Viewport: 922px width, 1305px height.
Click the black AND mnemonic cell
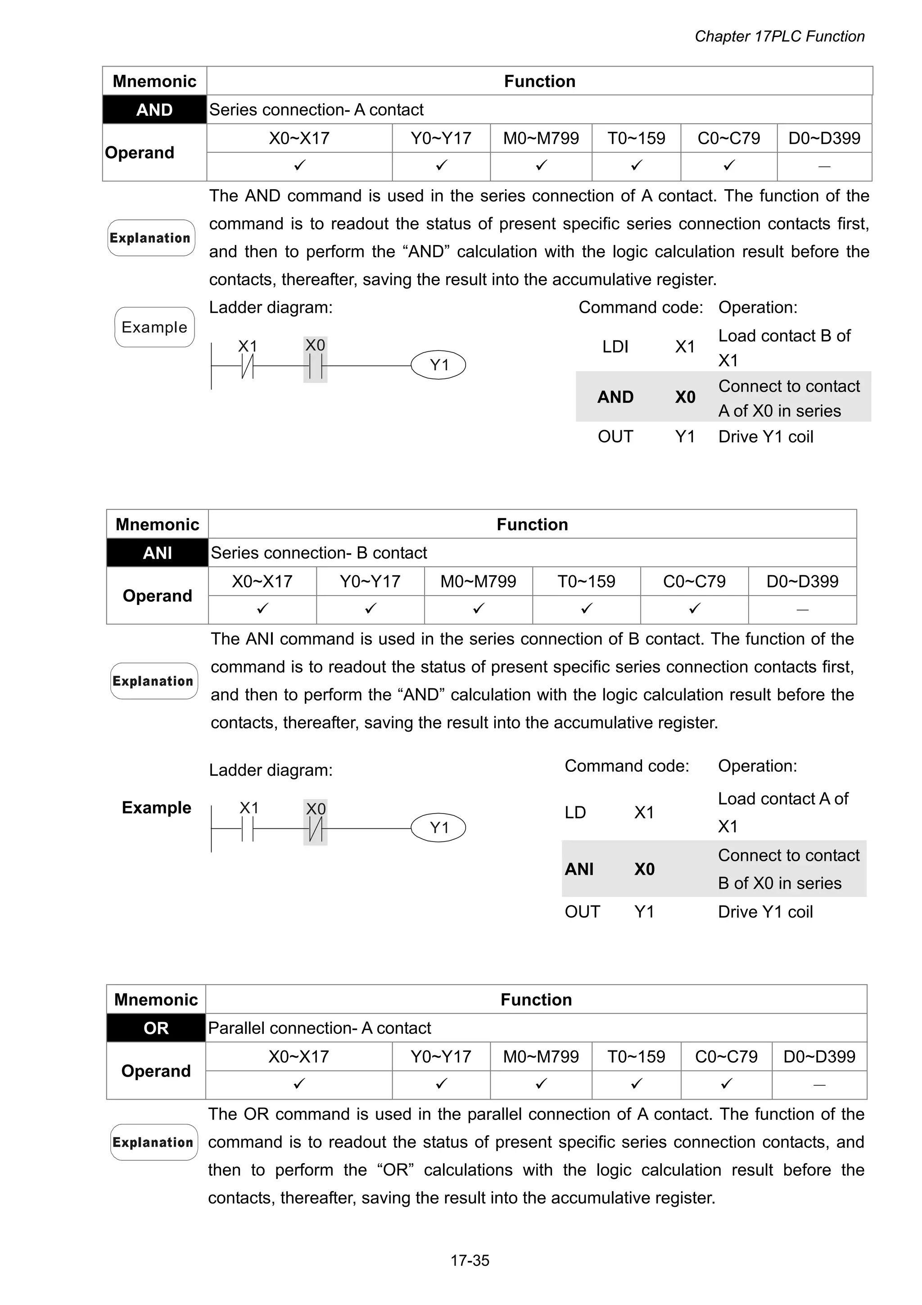(154, 110)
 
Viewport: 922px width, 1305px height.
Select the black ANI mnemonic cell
(158, 552)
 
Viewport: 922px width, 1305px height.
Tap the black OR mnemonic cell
(156, 1028)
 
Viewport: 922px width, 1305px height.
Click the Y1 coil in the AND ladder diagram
(438, 365)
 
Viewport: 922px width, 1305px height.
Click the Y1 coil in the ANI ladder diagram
(438, 828)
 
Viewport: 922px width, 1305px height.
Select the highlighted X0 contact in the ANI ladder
(315, 829)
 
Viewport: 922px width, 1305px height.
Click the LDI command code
(615, 347)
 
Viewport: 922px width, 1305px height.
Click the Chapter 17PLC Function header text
(779, 36)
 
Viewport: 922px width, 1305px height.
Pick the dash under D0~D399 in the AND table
(824, 167)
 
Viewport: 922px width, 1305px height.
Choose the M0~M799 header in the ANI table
(478, 581)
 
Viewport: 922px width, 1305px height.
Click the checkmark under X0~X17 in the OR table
(299, 1084)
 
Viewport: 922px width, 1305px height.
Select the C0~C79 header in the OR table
(726, 1056)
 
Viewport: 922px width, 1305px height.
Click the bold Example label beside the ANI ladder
(156, 807)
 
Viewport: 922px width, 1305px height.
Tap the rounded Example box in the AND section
(154, 327)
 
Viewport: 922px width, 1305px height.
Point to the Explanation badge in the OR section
(154, 1142)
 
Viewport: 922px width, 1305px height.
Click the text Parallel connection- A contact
(319, 1028)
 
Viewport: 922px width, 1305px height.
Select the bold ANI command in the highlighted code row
(579, 868)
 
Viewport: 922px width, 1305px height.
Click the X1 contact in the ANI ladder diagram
(248, 829)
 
